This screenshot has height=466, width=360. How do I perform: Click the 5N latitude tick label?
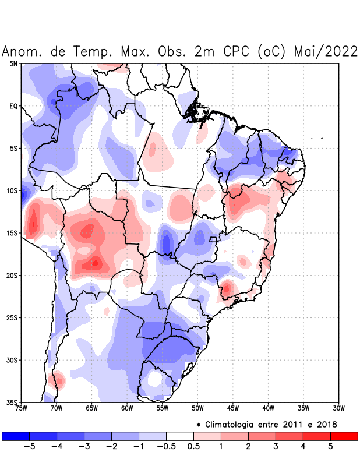coord(13,63)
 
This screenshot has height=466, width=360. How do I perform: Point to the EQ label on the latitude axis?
coord(13,106)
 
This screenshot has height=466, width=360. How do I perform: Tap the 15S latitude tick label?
coord(12,233)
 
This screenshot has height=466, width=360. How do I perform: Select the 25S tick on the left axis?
coord(12,317)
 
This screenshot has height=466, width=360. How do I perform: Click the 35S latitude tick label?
coord(12,402)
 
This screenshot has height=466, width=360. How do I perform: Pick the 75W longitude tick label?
coord(21,408)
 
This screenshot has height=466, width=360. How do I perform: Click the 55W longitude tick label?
coord(163,408)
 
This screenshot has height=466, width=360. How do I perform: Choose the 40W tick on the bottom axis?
coord(269,408)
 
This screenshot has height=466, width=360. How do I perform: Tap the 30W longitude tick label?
coord(339,408)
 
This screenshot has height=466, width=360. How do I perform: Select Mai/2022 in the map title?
coord(326,51)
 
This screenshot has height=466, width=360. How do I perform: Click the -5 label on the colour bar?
coord(30,447)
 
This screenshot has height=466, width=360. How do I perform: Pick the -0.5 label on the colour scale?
coord(166,447)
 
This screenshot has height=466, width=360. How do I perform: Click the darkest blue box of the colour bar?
coord(16,436)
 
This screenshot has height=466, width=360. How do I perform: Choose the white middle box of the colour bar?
coord(180,436)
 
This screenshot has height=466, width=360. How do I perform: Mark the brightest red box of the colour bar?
coord(344,436)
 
